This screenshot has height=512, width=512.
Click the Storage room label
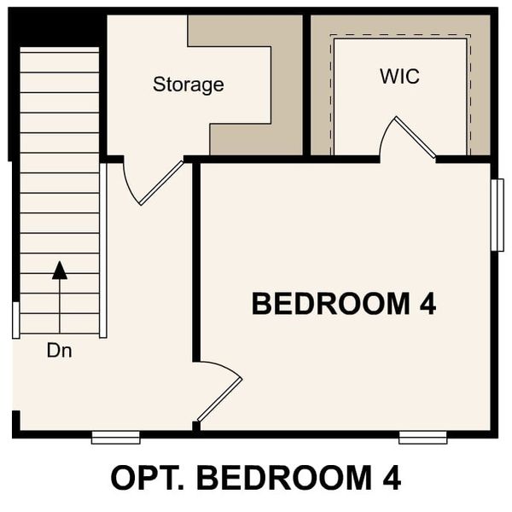[188, 84]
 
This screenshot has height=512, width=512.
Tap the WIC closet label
[399, 76]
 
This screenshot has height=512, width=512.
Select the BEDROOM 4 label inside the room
[344, 303]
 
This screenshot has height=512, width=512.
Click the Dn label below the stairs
[59, 350]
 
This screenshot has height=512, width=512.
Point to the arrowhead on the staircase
[59, 271]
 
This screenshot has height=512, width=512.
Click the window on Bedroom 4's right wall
[497, 214]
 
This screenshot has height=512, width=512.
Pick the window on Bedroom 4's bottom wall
[422, 438]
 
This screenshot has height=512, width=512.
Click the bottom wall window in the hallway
[115, 438]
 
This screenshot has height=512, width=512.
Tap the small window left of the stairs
[15, 319]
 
